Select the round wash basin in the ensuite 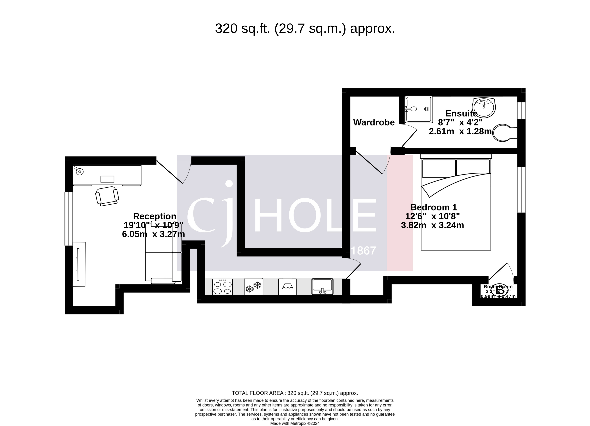(484, 107)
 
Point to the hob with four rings (222, 287)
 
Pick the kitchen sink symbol (322, 287)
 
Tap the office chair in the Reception (107, 196)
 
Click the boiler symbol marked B (499, 290)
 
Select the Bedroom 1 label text (434, 207)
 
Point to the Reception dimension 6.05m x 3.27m (153, 234)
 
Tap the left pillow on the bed (439, 168)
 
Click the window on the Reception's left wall (69, 219)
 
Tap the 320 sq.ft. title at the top (305, 29)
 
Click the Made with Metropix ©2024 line (295, 423)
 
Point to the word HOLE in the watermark (315, 215)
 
